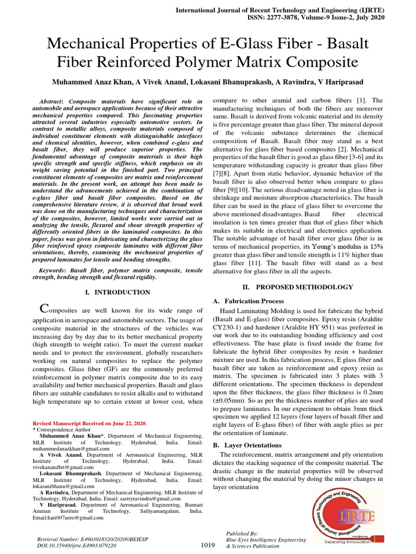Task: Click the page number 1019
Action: [x=208, y=545]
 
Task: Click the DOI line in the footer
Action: [x=77, y=546]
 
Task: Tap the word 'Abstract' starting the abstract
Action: [x=52, y=102]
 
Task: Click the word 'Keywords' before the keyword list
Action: [x=54, y=270]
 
